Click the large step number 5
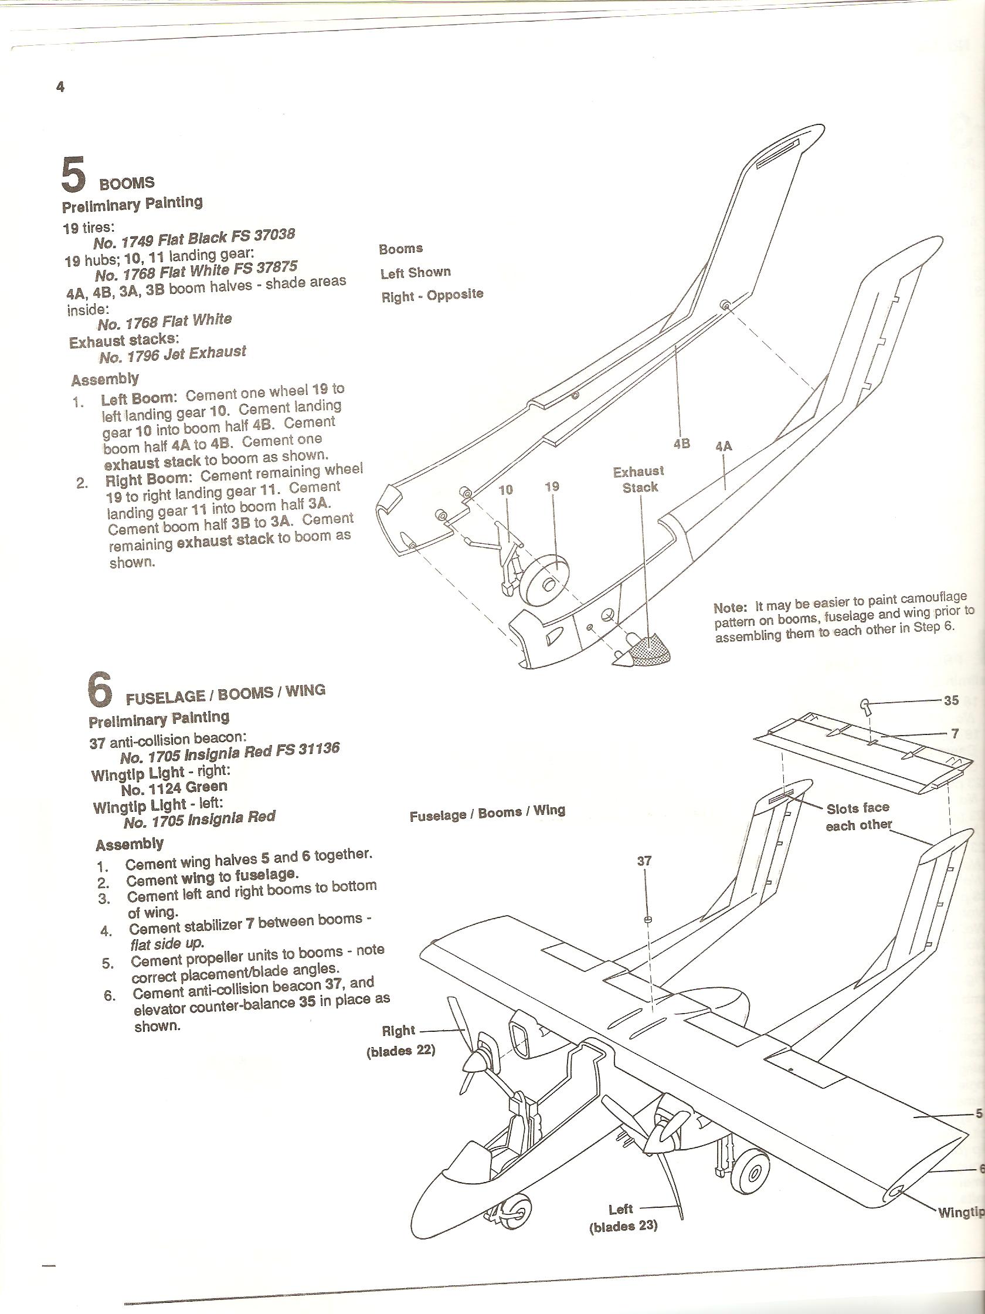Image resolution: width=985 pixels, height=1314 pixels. click(74, 174)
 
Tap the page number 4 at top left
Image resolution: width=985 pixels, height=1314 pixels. click(60, 87)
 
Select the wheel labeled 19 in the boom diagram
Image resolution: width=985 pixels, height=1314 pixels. click(546, 583)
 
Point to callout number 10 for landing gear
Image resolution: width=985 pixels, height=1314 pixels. click(506, 489)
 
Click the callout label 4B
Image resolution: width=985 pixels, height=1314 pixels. click(682, 443)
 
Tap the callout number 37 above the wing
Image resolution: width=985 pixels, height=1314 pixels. click(645, 860)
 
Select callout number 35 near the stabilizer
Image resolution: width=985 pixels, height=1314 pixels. click(951, 700)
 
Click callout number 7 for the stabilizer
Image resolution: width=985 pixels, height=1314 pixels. click(955, 734)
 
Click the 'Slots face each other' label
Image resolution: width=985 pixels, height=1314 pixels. click(858, 816)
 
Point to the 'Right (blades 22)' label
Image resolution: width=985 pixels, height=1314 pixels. click(400, 1040)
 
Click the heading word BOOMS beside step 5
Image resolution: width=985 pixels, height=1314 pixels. click(127, 183)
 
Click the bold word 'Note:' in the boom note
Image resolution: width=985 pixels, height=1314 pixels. click(730, 608)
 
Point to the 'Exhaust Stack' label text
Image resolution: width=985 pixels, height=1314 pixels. click(640, 479)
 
